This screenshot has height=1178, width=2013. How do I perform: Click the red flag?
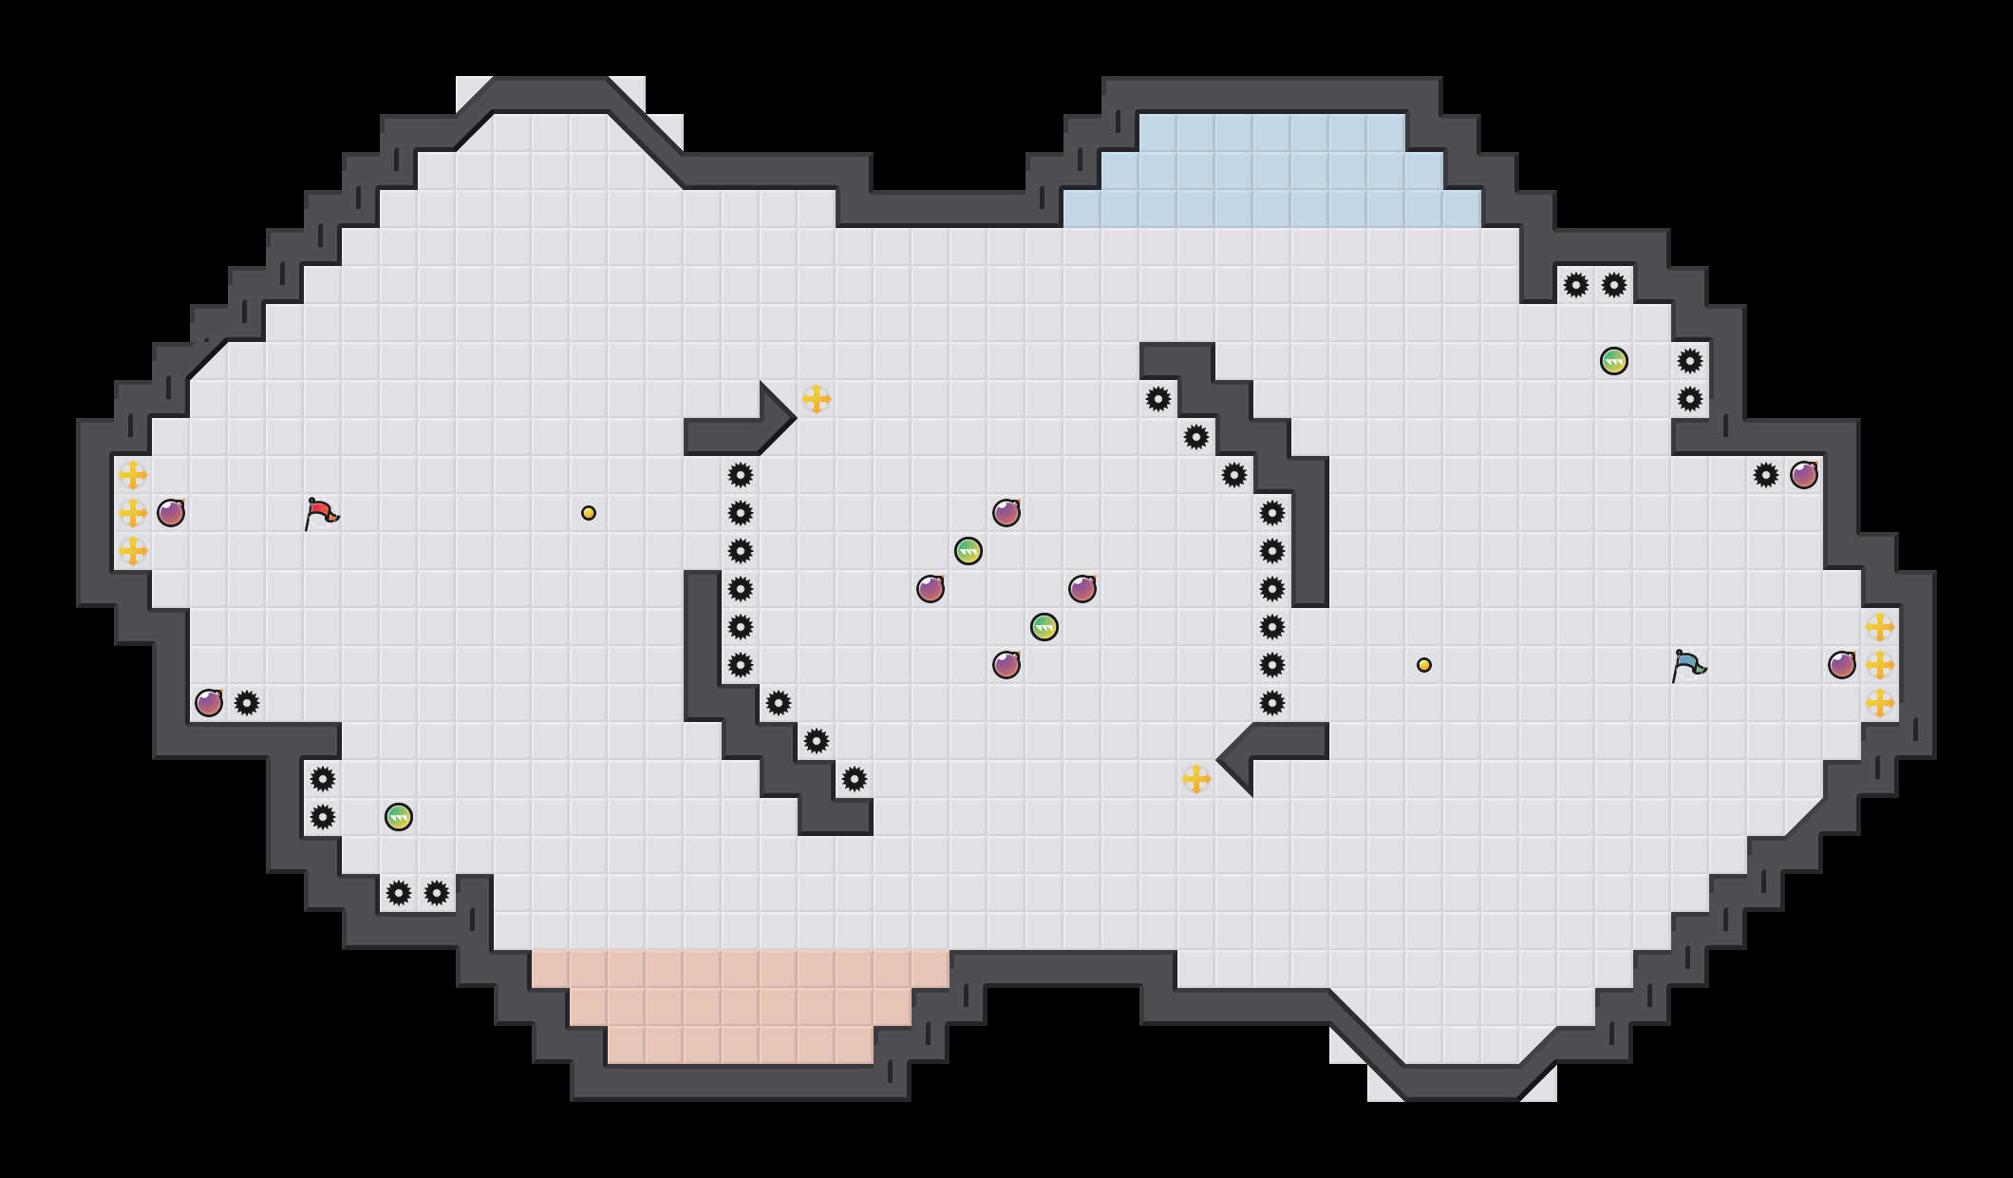coord(321,513)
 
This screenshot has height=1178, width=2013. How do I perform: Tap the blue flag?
coord(1688,665)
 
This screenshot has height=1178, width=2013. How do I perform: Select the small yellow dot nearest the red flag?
coord(589,513)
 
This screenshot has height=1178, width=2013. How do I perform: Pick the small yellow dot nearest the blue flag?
coord(1424,665)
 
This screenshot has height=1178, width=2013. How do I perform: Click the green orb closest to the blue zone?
coord(1614,361)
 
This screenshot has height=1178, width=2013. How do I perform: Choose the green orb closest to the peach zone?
coord(399,817)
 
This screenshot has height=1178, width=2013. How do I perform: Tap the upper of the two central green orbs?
coord(969,551)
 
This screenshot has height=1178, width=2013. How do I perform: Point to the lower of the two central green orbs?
coord(1044,627)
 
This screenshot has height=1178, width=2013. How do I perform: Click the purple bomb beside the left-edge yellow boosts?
coord(171,513)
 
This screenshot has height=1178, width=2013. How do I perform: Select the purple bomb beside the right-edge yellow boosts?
coord(1842,665)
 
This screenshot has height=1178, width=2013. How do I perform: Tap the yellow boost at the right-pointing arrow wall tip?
coord(817,399)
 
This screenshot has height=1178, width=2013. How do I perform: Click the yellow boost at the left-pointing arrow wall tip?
coord(1196,779)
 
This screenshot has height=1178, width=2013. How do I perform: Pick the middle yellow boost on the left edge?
coord(133,513)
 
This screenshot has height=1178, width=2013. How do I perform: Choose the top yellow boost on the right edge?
coord(1880,627)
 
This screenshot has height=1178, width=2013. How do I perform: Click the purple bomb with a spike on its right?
coord(209,703)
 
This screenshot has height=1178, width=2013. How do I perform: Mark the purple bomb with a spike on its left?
coord(1804,475)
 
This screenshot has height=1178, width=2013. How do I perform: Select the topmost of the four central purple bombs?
coord(1006,513)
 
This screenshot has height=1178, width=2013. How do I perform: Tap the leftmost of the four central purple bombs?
coord(931,589)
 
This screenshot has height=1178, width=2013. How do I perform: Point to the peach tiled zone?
coord(741,1007)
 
